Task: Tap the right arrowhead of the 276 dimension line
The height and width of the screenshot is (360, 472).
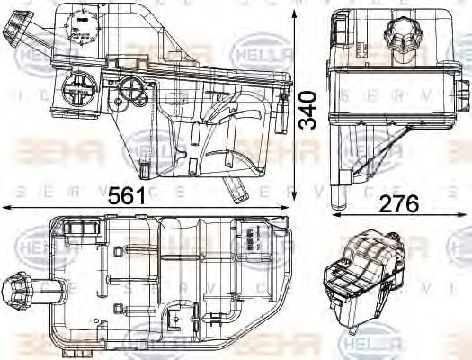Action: (x=459, y=216)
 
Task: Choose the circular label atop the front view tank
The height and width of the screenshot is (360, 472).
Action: (x=84, y=26)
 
